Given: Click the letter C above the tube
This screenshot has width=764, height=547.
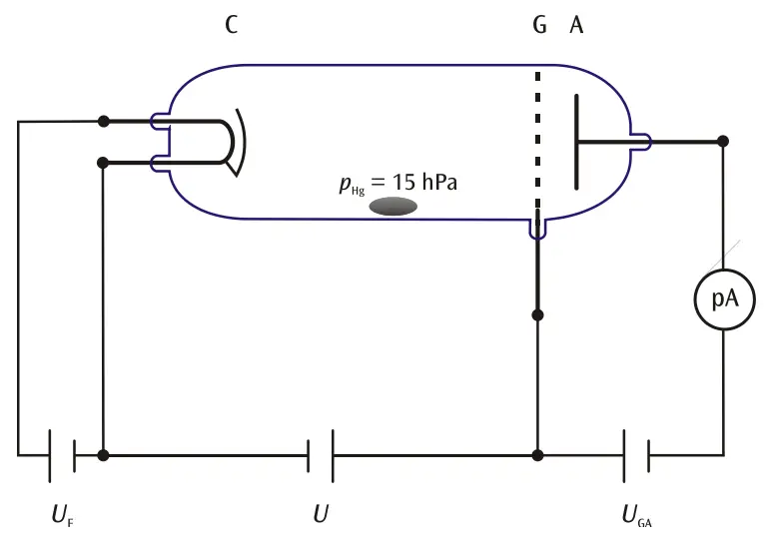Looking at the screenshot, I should [231, 25].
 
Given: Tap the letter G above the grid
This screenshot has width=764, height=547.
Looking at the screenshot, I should [539, 25].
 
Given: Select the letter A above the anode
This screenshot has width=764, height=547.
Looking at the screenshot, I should [576, 25].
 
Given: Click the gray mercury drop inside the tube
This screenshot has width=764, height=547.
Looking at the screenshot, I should [393, 206].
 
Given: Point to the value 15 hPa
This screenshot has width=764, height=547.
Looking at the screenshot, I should [426, 183].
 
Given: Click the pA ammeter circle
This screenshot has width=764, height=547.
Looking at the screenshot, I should [723, 297].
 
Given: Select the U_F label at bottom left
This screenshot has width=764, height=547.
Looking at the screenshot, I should [61, 516].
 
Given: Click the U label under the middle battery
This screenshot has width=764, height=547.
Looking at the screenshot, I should [321, 515].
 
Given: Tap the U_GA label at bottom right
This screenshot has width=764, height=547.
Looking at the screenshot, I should [636, 516].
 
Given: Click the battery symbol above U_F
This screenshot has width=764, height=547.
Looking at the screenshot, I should [61, 455].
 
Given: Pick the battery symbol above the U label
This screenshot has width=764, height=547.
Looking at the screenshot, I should [321, 455].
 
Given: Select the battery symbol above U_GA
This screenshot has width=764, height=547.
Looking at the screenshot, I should [636, 455].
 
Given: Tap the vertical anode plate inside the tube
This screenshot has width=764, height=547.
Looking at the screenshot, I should [577, 141].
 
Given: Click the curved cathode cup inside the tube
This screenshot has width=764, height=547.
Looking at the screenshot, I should [237, 141].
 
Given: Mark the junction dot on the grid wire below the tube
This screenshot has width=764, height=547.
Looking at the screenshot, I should [538, 314].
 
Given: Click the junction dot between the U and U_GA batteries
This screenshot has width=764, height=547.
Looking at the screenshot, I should [538, 455].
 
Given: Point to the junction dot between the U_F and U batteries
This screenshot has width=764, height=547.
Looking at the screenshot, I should [103, 455].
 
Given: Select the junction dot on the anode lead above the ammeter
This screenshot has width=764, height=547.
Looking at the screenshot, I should [723, 141].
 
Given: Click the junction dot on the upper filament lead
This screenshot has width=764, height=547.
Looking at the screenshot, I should [103, 121].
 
